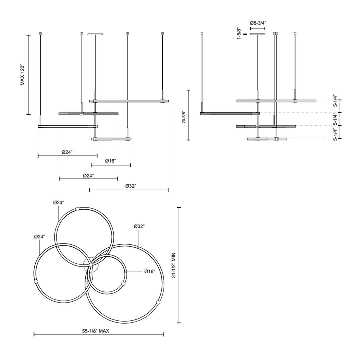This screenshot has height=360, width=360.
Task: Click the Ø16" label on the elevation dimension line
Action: click(111, 161)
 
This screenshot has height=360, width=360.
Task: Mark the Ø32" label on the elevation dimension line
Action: click(129, 186)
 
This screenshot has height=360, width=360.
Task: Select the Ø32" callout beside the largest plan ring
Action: click(139, 226)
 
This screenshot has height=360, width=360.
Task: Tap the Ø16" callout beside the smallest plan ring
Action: click(150, 271)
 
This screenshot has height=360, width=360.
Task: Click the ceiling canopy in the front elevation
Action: click(95, 34)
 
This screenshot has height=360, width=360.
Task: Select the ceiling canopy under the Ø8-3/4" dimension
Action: click(258, 34)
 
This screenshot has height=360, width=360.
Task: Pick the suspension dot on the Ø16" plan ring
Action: click(123, 284)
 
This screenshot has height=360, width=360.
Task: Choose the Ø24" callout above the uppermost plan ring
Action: click(59, 202)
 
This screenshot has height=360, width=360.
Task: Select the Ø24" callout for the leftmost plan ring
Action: click(40, 236)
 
